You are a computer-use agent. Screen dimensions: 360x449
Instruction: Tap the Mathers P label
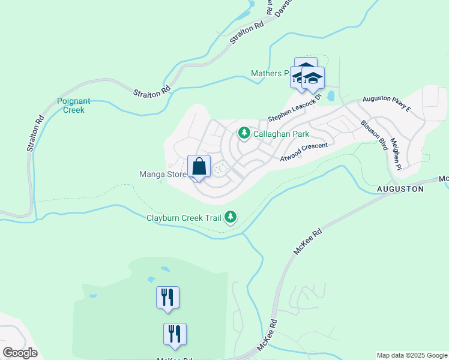(x=270, y=73)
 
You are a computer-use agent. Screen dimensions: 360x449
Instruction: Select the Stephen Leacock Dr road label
(x=295, y=106)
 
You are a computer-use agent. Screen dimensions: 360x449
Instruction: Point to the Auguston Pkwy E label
(x=386, y=104)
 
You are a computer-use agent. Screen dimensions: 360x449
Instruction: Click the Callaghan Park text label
(x=281, y=134)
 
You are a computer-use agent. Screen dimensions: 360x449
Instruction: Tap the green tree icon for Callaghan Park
(x=244, y=133)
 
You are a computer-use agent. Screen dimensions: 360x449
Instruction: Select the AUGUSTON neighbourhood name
(x=400, y=188)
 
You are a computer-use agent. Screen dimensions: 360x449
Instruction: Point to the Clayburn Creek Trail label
(x=184, y=217)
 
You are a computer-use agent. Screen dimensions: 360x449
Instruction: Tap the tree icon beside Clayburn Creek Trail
(x=231, y=217)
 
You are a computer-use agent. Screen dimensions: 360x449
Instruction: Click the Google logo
(x=20, y=353)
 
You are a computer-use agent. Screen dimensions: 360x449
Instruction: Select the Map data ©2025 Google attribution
(x=412, y=355)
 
